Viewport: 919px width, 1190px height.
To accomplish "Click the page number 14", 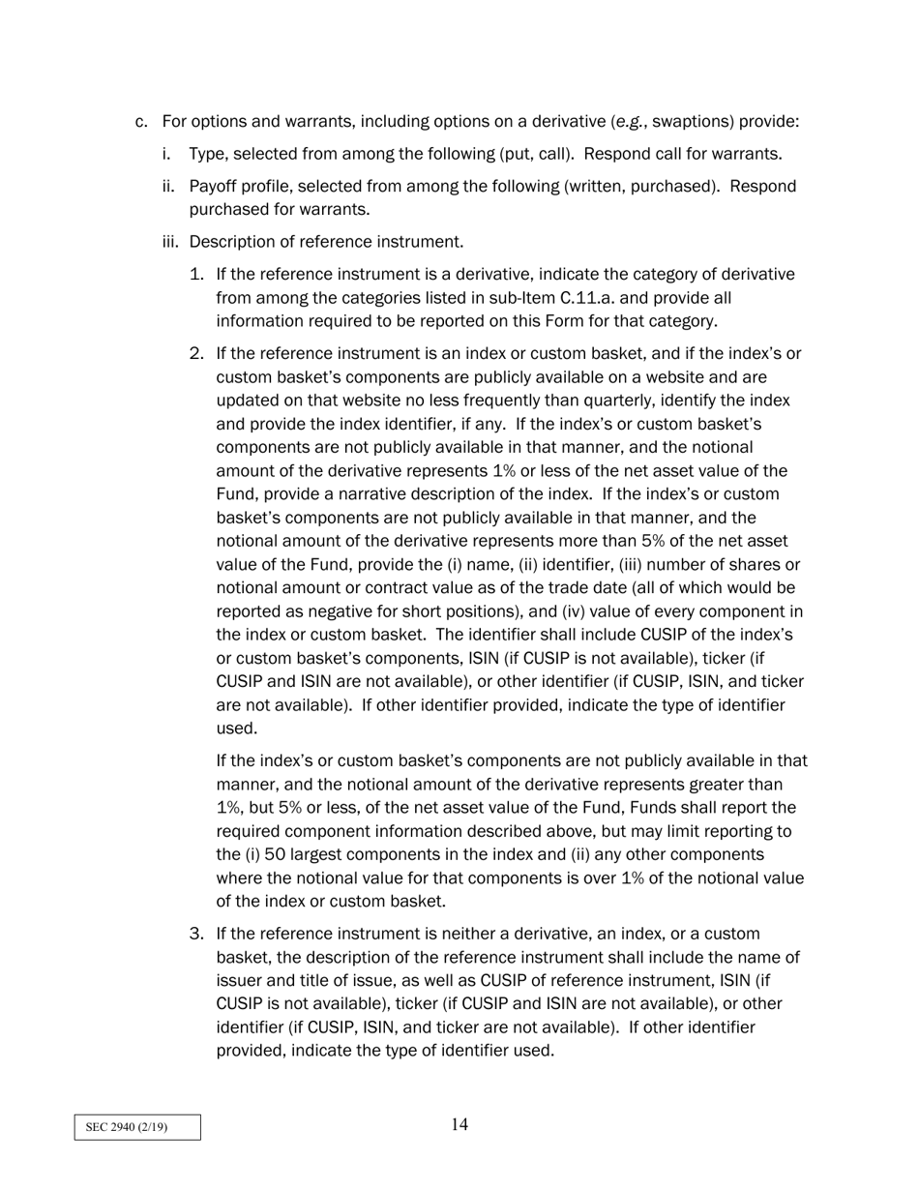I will point(459,1124).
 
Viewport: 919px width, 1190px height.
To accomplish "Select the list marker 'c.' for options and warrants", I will point(141,122).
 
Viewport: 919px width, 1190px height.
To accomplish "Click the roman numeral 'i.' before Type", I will point(166,154).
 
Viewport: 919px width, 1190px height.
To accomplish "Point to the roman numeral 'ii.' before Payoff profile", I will point(168,186).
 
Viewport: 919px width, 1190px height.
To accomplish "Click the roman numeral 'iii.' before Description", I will point(170,241).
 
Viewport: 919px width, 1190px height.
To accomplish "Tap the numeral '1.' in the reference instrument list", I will point(196,274).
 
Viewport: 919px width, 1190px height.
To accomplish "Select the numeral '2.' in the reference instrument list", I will point(196,353).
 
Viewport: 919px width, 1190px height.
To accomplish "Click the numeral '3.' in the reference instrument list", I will point(196,934).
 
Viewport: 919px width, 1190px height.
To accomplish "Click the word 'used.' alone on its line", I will point(236,729).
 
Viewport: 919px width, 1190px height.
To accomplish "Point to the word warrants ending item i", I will point(746,154).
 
